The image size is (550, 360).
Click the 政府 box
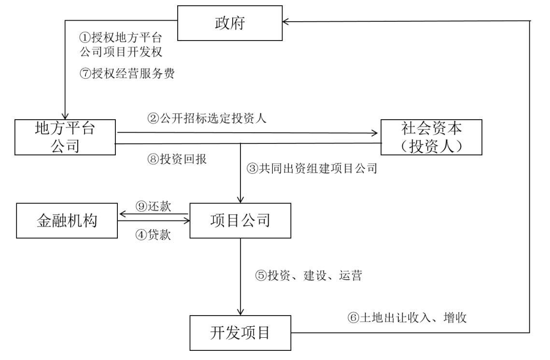(x=230, y=23)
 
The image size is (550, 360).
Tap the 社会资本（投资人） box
(x=431, y=137)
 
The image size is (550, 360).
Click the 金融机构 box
(x=67, y=221)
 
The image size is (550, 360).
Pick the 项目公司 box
(x=240, y=221)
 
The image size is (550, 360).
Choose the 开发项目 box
(x=240, y=333)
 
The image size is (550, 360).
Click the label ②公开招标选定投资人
(x=207, y=119)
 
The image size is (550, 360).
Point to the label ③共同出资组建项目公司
(x=311, y=169)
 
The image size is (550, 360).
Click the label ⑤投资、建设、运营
(x=309, y=276)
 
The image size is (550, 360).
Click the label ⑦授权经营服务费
(x=127, y=74)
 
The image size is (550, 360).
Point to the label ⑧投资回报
(x=177, y=159)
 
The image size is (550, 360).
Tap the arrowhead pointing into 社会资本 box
(x=377, y=132)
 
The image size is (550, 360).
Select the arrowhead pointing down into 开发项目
(x=240, y=312)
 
